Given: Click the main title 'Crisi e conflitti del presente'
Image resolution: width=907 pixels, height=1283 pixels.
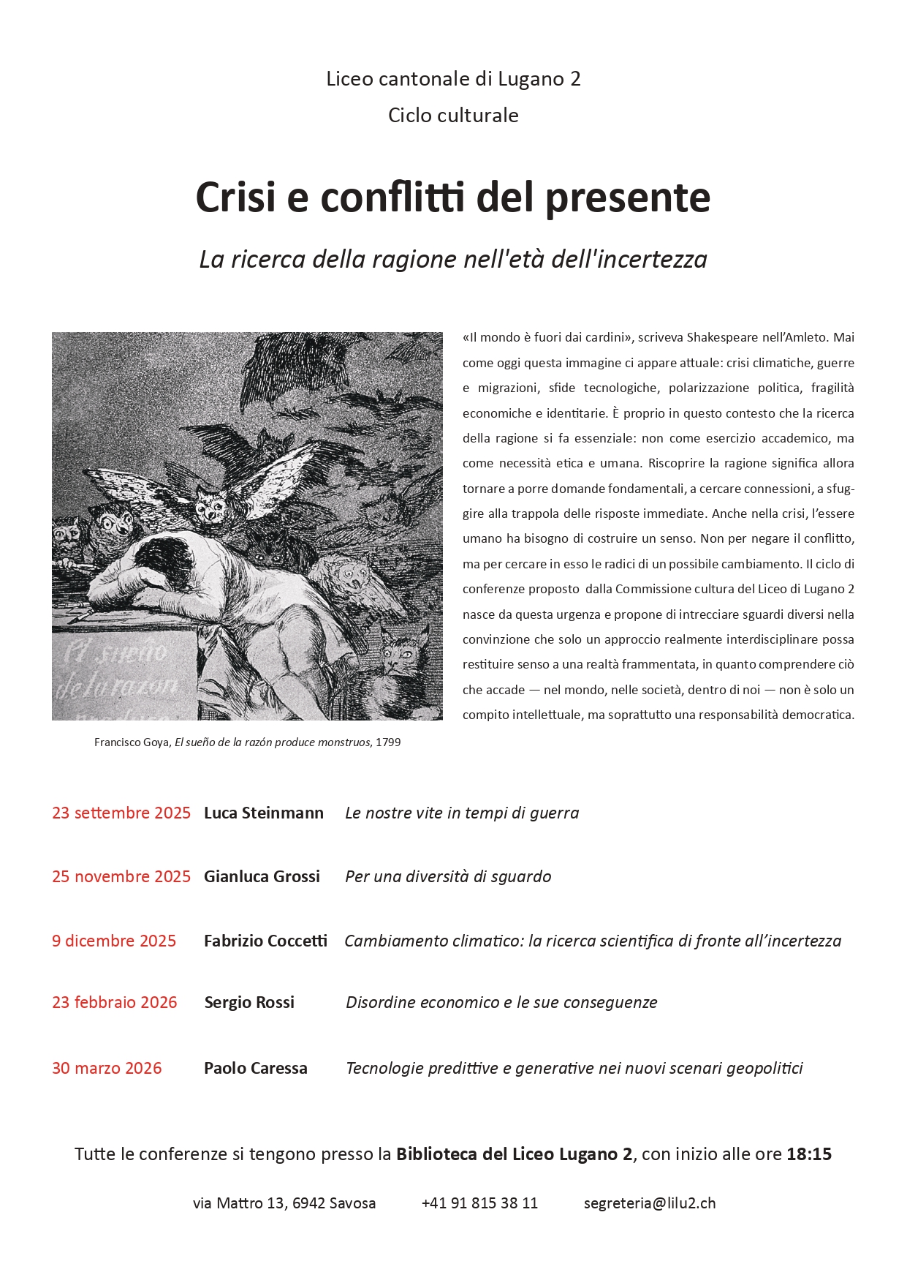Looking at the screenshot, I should [x=453, y=197].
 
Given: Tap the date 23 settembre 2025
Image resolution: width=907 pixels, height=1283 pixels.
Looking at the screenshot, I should [x=121, y=813].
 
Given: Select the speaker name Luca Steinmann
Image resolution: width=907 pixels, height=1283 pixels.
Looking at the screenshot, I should [x=263, y=813].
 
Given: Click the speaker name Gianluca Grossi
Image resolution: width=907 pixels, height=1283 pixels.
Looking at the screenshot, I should [x=262, y=876].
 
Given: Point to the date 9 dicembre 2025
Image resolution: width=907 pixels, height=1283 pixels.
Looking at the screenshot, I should [x=114, y=941].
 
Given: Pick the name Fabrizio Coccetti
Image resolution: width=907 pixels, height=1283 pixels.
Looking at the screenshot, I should [x=265, y=941].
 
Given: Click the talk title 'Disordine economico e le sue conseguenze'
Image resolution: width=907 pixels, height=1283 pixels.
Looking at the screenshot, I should [x=501, y=1002].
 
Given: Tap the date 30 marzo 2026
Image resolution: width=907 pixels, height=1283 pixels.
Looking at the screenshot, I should [x=107, y=1068].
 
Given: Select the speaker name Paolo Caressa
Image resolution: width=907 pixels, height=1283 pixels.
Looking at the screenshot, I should [x=255, y=1068].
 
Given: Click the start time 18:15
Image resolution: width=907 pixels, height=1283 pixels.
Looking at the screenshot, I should [x=808, y=1154].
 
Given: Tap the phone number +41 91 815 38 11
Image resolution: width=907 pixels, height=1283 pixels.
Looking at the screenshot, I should [x=479, y=1203].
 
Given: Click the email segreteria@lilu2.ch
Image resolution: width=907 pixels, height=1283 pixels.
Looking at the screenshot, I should [x=650, y=1203].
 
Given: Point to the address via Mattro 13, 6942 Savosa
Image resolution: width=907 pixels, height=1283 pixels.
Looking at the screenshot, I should [x=284, y=1203].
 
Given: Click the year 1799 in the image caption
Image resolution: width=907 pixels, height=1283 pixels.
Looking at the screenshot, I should [x=388, y=742].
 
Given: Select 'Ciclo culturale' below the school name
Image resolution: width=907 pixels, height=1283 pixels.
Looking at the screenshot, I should [x=453, y=116].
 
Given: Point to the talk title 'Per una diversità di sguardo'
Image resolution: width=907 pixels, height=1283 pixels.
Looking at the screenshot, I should [x=448, y=876].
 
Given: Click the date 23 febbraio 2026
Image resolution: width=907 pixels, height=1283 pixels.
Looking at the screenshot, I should [x=115, y=1002].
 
